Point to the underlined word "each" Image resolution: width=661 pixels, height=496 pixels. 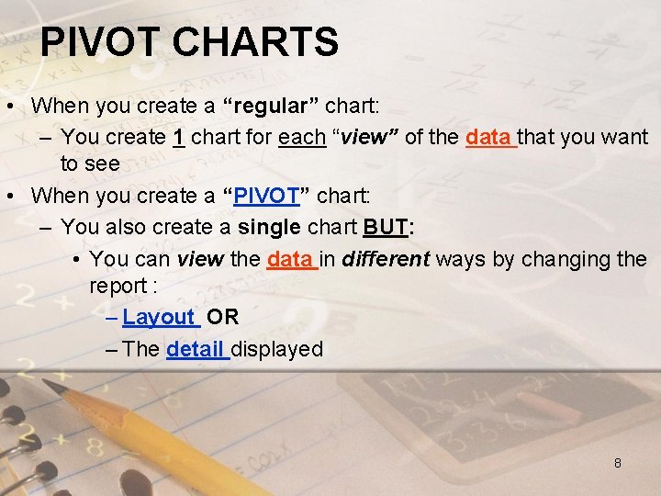click(302, 138)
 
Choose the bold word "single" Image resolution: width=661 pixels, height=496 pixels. click(267, 227)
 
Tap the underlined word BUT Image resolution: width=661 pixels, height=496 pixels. click(385, 227)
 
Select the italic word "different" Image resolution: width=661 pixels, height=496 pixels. click(386, 259)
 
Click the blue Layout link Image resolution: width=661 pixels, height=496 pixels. click(159, 318)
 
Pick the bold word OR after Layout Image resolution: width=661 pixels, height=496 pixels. click(223, 318)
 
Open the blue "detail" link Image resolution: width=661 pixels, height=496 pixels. click(195, 349)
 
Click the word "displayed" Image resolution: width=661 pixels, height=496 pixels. click(277, 349)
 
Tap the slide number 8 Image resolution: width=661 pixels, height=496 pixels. click(617, 463)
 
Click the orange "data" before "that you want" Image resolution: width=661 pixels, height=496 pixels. click(488, 138)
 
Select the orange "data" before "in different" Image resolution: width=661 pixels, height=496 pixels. click(289, 259)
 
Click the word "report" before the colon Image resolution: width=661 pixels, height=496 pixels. click(117, 287)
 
